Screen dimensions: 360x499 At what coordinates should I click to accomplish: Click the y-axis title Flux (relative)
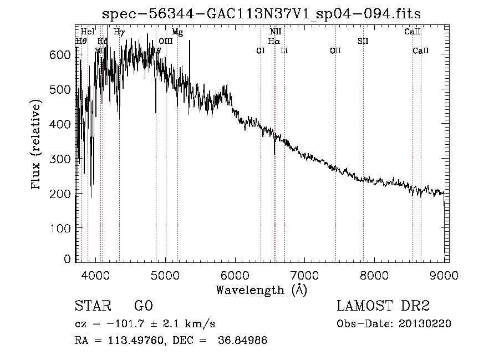[37, 145]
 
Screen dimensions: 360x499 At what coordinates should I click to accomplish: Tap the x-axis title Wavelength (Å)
[261, 289]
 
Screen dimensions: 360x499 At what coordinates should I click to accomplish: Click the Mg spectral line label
[177, 32]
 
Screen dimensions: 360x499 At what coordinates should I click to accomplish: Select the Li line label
[284, 50]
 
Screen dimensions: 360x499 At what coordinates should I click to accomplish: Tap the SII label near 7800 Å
[363, 41]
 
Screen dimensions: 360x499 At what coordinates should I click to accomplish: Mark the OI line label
[261, 50]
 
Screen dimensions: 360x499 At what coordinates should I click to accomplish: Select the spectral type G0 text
[143, 306]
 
